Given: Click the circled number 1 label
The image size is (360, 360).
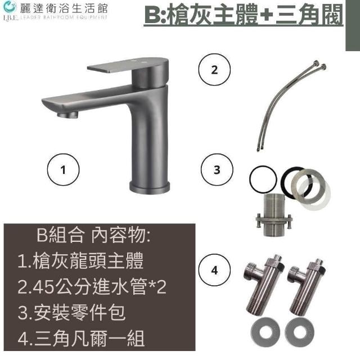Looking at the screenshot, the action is click(x=63, y=170).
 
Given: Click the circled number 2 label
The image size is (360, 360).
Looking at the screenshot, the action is click(x=214, y=69).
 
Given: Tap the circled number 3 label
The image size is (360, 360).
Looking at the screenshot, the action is click(x=217, y=170).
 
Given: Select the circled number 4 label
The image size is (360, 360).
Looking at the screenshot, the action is click(x=214, y=270).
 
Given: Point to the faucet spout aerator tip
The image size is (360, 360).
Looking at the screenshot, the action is click(x=67, y=114).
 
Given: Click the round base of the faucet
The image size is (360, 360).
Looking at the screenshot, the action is click(x=150, y=186).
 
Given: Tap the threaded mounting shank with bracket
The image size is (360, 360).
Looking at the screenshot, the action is click(x=274, y=215).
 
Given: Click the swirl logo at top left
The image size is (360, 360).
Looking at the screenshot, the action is click(x=10, y=7).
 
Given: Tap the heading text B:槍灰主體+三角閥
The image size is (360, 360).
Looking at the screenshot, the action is click(x=244, y=15).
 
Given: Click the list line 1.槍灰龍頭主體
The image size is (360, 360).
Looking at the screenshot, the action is click(x=80, y=261).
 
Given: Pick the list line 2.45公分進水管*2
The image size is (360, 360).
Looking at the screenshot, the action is click(x=92, y=287).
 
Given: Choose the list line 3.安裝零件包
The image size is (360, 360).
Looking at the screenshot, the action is click(x=71, y=313).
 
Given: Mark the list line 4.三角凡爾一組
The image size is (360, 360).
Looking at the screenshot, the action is click(x=81, y=339).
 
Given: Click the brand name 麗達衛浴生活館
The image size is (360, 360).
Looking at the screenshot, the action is click(x=64, y=9).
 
